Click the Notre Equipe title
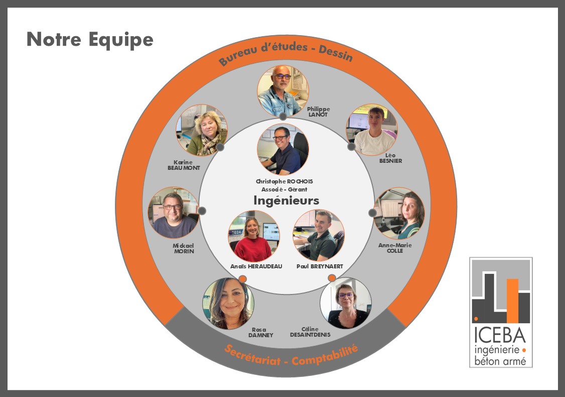coord(90,39)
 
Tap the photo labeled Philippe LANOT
coord(283,91)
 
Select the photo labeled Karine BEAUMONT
coord(202,130)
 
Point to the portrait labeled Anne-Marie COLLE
coord(399,213)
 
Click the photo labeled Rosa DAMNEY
coord(228,303)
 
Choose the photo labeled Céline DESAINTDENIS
coord(346,303)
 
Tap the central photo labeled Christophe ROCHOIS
coord(283,149)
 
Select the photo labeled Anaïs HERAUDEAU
coord(254,236)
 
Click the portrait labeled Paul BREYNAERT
coord(319,236)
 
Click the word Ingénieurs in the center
coord(286,201)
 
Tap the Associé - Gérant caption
coord(284,189)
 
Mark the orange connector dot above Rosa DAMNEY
coord(242,278)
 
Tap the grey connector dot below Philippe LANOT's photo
coord(283,117)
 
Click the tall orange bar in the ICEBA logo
coord(512,300)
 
